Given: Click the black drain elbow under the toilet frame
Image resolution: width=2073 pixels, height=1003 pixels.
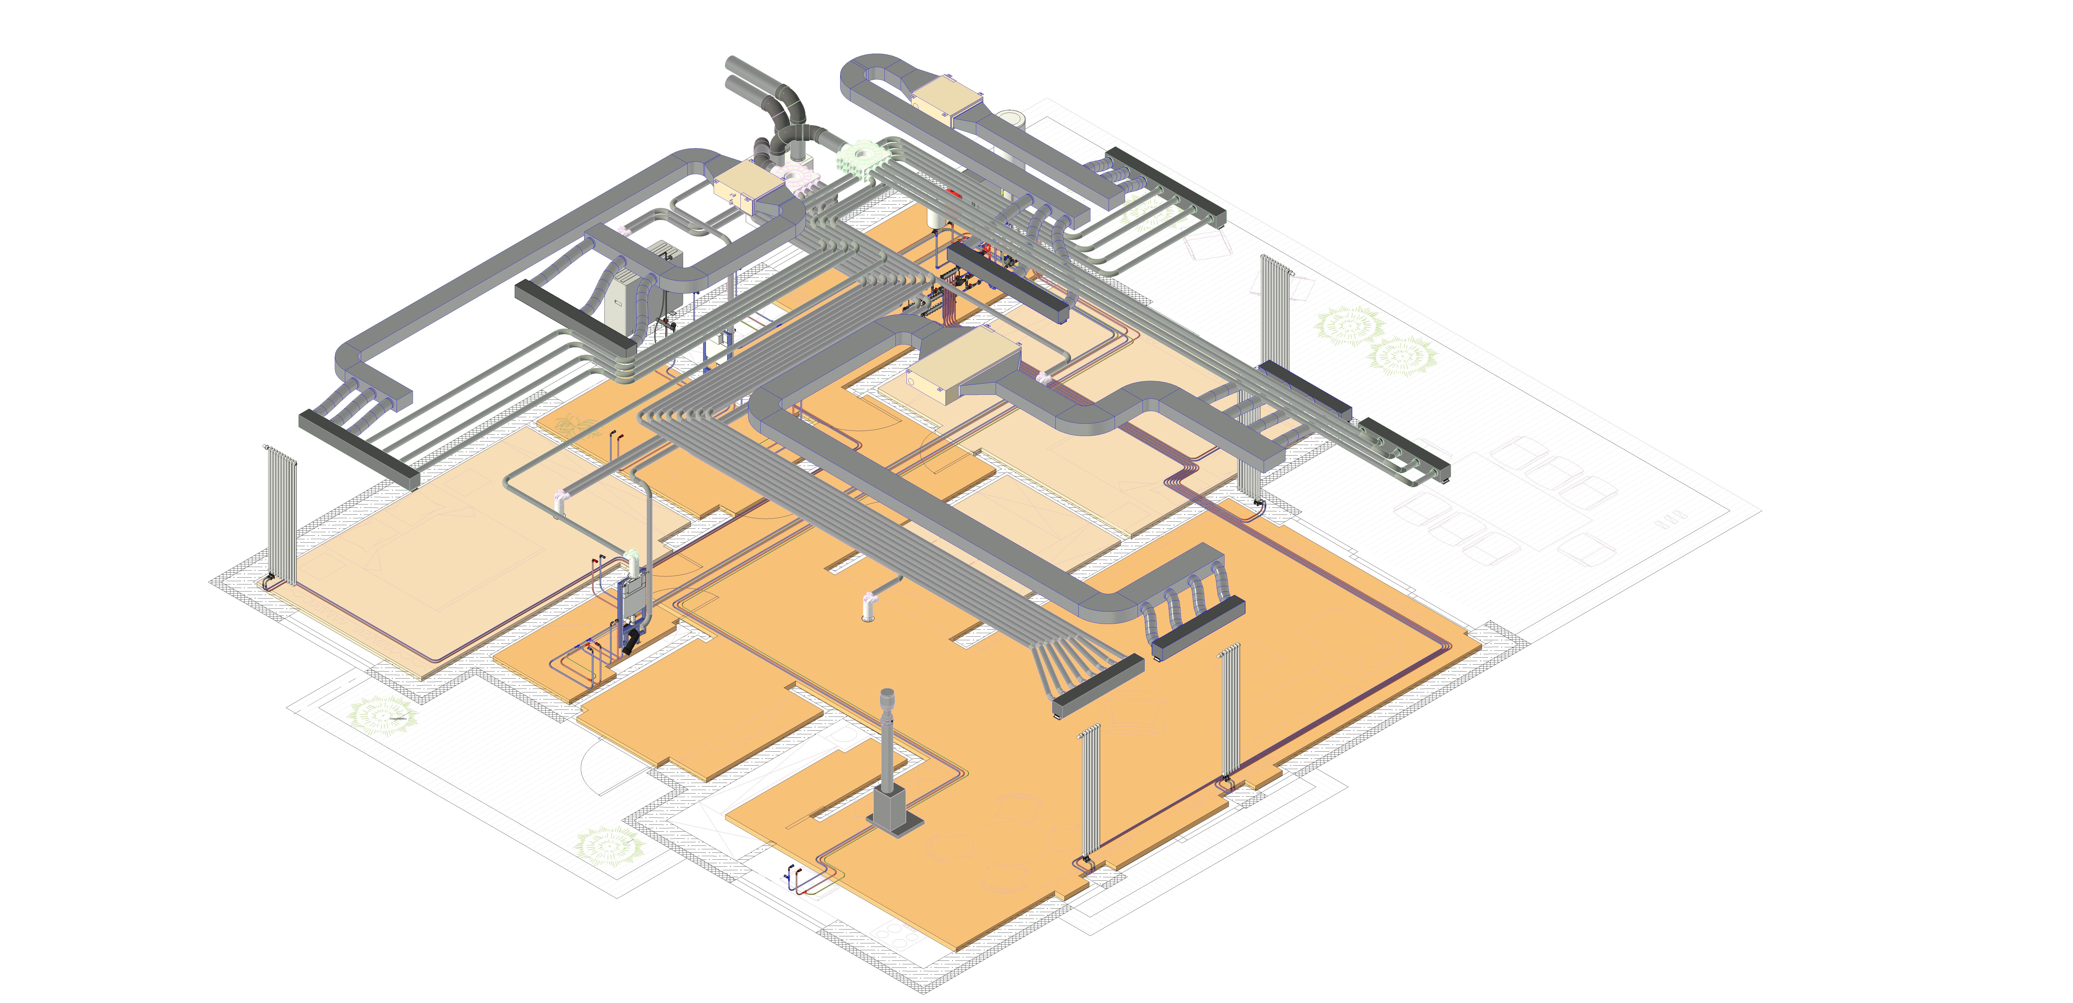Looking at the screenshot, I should pos(632,641).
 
